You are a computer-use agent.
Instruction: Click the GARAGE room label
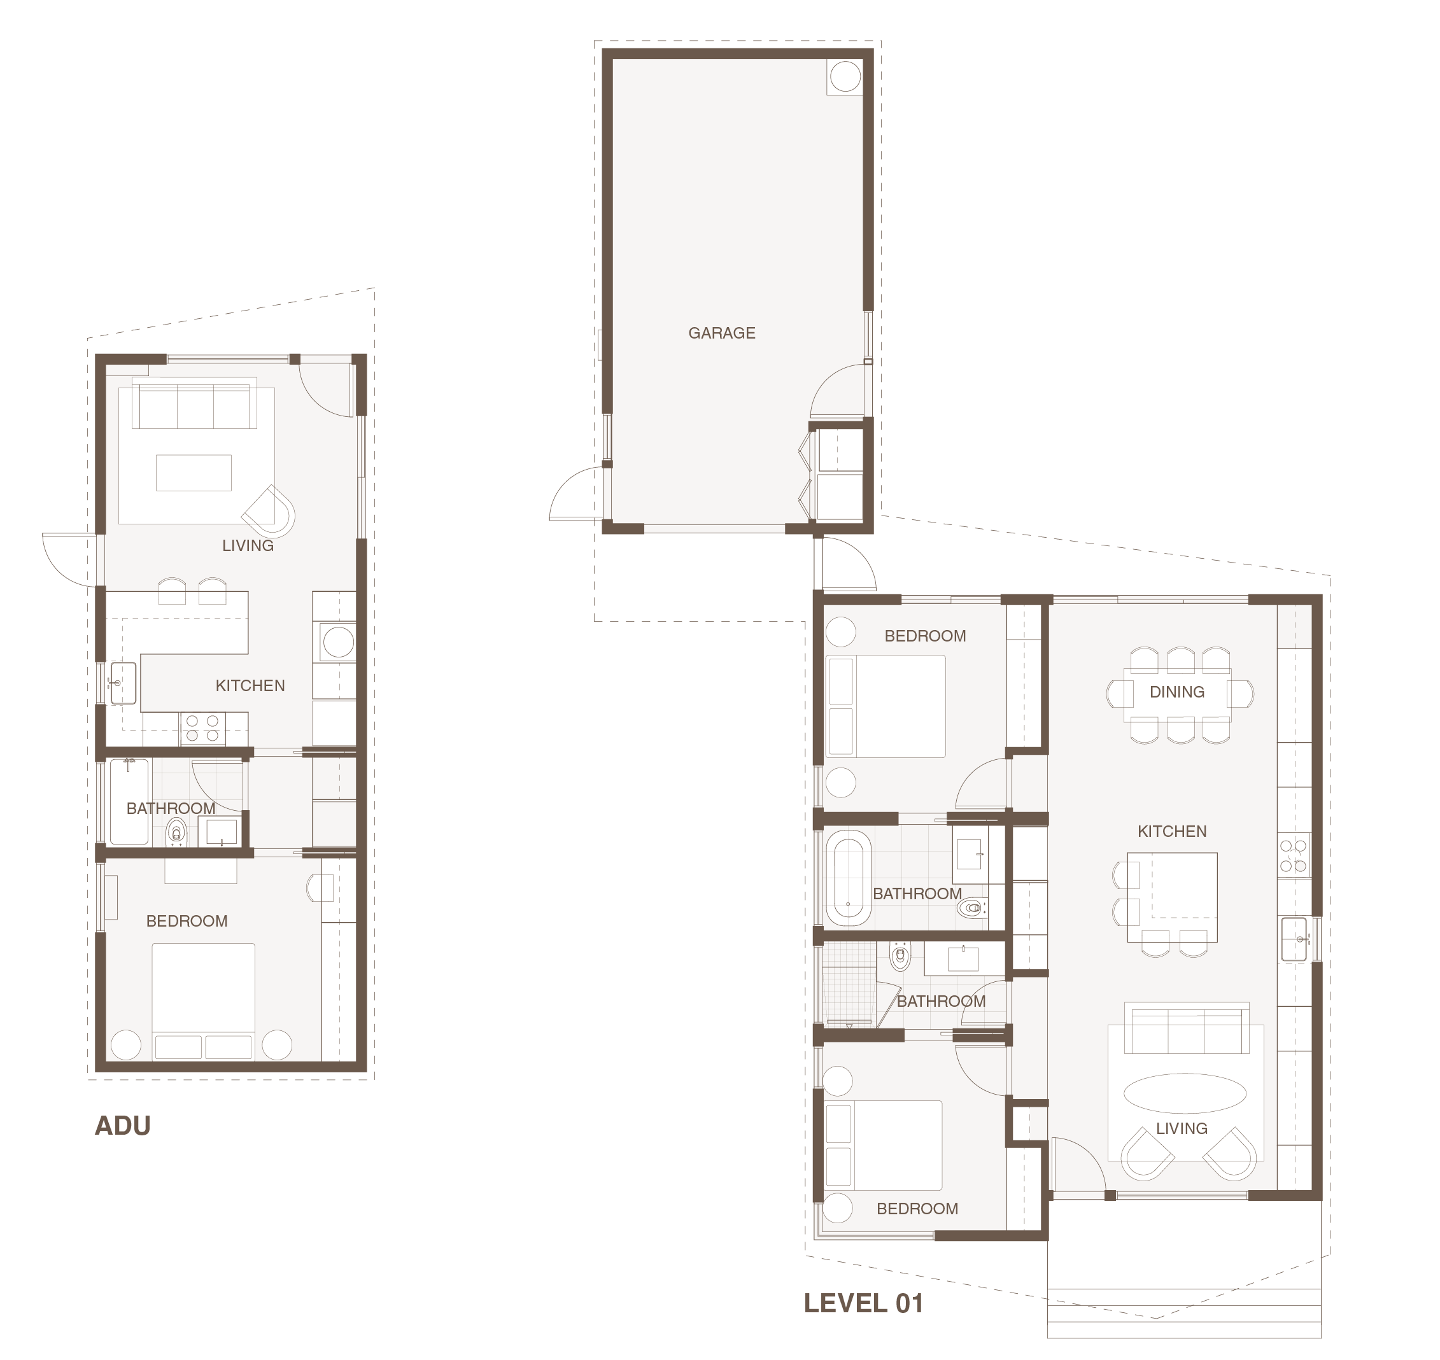coord(721,333)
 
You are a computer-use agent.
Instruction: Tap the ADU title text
coord(124,1126)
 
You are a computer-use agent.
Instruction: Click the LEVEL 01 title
coord(864,1303)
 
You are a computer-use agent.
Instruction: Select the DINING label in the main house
coord(1177,692)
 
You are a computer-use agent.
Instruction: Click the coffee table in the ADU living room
coord(194,473)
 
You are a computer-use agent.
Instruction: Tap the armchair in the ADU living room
coord(270,510)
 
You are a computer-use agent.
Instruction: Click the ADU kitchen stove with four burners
coord(202,729)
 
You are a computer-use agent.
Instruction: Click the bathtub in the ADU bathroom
coord(129,801)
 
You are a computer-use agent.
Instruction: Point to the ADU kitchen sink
coord(124,683)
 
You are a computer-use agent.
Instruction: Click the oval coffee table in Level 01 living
coord(1185,1093)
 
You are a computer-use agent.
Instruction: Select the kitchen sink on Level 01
coord(1294,939)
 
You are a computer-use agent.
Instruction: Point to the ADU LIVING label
coord(248,546)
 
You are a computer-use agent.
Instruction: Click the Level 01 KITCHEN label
coord(1172,832)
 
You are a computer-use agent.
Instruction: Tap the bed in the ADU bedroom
coord(203,1001)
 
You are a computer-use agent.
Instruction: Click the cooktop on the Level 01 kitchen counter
coord(1294,855)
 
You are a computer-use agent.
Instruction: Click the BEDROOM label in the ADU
coord(187,922)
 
